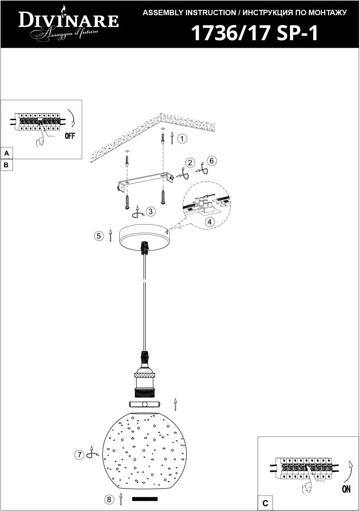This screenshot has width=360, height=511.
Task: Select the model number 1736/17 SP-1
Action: [255, 33]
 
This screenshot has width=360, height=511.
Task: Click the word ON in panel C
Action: [346, 489]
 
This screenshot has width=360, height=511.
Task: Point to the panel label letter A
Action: [6, 154]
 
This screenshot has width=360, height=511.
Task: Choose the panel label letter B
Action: [6, 165]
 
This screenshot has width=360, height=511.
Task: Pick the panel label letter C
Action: [265, 503]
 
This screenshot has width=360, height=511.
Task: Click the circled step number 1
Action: [182, 139]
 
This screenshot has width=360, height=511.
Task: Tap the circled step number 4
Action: [209, 222]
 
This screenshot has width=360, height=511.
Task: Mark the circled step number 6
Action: [212, 161]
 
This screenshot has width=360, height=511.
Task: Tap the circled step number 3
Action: [150, 212]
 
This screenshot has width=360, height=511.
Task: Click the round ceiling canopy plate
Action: [144, 238]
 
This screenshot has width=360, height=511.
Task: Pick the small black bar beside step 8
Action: [145, 499]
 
